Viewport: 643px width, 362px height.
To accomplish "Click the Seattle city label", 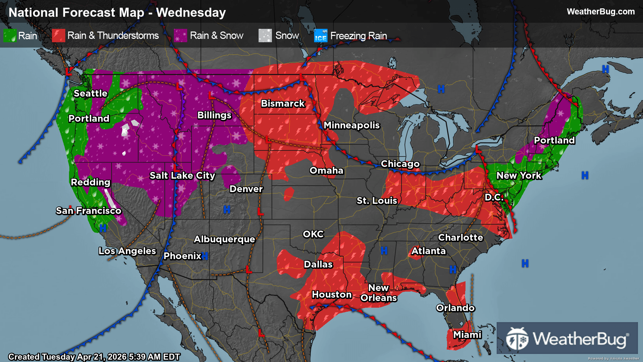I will coord(90,94).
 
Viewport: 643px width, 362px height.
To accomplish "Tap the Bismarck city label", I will coord(283,104).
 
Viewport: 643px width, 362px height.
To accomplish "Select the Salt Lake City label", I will coord(182,176).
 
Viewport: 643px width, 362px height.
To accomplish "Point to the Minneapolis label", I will coord(352,125).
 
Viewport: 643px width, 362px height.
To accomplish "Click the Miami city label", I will coord(467,335).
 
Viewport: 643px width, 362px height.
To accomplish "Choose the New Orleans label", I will coord(378,293).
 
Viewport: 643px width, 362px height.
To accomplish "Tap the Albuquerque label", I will coord(224,239).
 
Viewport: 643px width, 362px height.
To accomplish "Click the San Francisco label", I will coord(88,211).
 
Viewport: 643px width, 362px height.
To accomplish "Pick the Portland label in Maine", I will coord(554,140).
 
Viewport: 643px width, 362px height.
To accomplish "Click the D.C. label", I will coord(494,197).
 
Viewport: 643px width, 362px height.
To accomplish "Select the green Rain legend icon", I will coord(10,36).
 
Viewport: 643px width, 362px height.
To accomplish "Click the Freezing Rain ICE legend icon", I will coord(320,36).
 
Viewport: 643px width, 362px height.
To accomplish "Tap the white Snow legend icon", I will coord(265,36).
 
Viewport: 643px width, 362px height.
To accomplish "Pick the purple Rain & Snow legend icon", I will coord(181,36).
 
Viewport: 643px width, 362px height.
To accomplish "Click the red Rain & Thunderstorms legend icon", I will coord(58,36).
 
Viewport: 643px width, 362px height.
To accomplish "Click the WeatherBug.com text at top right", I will coord(600,12).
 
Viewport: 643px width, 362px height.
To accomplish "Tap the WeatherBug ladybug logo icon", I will coord(517,339).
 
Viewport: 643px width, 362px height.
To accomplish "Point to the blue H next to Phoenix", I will coord(205,256).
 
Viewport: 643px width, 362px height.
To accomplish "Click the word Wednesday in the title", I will coord(191,13).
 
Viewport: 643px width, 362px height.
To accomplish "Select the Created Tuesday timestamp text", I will coord(94,357).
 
